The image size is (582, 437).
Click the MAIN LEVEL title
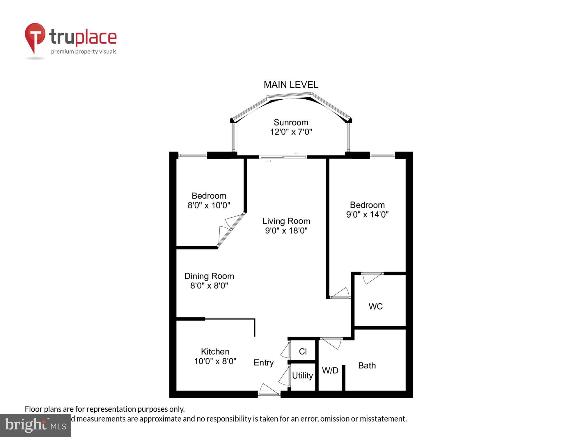pyautogui.click(x=291, y=85)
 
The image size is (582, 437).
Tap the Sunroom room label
pyautogui.click(x=291, y=122)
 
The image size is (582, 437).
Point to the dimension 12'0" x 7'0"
pyautogui.click(x=291, y=132)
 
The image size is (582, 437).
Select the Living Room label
pyautogui.click(x=286, y=221)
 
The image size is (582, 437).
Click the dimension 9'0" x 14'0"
pyautogui.click(x=367, y=215)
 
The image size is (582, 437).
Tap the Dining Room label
pyautogui.click(x=209, y=276)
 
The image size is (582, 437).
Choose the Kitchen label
pyautogui.click(x=215, y=352)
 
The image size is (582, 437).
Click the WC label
pyautogui.click(x=375, y=306)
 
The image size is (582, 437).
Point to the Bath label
pyautogui.click(x=367, y=366)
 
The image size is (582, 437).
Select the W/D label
pyautogui.click(x=330, y=371)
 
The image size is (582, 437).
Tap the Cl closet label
pyautogui.click(x=303, y=352)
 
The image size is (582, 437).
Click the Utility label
pyautogui.click(x=302, y=376)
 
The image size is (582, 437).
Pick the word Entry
pyautogui.click(x=263, y=363)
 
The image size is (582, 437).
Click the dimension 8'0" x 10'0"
pyautogui.click(x=209, y=205)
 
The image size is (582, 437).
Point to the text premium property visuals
pyautogui.click(x=84, y=52)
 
